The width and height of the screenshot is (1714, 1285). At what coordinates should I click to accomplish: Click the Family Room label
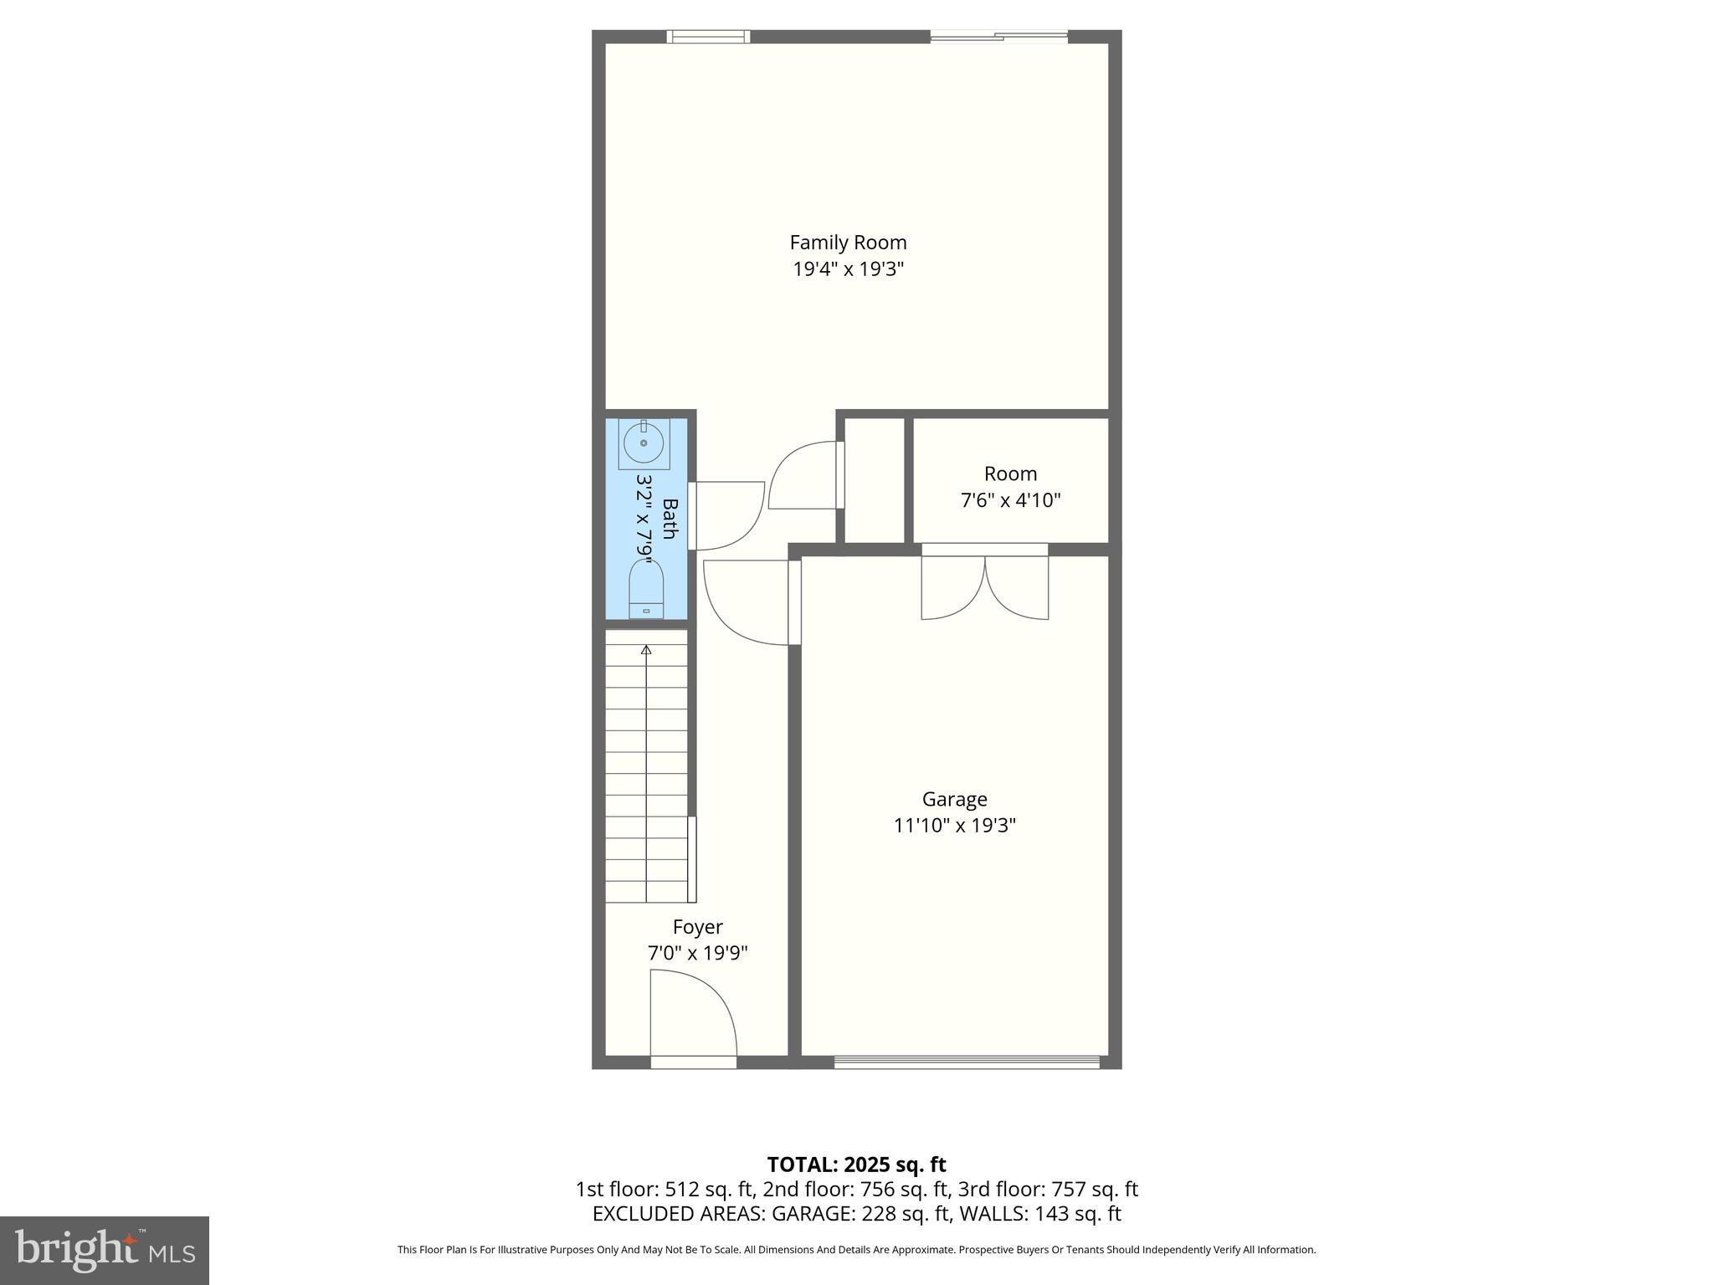848,243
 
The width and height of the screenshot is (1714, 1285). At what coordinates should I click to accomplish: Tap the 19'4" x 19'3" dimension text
848,269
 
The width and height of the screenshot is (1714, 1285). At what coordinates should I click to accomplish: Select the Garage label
954,799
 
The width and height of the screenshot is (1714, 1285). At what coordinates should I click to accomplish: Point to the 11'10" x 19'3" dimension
954,826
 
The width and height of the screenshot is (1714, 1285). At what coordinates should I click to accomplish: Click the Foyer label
697,927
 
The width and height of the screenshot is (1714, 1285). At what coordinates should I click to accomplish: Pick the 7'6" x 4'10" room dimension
1010,500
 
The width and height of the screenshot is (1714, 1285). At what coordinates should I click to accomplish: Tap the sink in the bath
644,443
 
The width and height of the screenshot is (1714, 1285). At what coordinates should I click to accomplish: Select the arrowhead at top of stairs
646,649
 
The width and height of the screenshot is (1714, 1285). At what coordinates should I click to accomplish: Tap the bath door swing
725,515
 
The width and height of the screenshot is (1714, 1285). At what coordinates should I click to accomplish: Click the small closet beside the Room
875,481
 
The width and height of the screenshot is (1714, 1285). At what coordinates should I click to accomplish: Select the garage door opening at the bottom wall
967,1062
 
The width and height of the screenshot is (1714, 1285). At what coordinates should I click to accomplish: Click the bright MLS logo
105,1250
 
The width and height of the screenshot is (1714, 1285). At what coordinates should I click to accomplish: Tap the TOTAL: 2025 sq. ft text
856,1165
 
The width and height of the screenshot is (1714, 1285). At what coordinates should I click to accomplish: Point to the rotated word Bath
670,519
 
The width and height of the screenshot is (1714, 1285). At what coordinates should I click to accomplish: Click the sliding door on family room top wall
998,36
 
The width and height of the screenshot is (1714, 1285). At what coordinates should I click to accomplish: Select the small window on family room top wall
708,36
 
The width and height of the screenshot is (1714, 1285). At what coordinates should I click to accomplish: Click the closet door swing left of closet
803,475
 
